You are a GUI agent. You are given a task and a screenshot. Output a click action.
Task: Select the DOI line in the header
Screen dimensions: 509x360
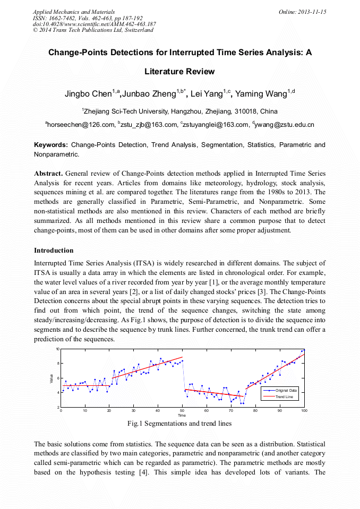(x=94, y=24)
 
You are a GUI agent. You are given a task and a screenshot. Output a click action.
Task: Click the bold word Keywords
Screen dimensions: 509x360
(x=51, y=145)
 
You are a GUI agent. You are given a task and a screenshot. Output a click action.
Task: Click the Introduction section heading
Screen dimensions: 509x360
(x=54, y=250)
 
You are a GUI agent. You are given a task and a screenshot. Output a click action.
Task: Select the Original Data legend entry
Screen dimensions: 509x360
(x=285, y=391)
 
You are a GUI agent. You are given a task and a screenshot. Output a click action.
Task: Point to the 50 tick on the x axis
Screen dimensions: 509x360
(x=182, y=411)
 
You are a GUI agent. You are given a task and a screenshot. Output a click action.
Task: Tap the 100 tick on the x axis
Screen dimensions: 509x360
(x=304, y=411)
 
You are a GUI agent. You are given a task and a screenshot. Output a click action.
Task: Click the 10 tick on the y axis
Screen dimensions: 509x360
(x=57, y=349)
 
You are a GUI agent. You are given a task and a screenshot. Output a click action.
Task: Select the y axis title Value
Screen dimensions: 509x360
(x=52, y=378)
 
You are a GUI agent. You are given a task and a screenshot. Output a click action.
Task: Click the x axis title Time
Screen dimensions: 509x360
(x=182, y=416)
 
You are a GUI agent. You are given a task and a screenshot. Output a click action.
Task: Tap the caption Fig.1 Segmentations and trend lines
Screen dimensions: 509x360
(x=179, y=424)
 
